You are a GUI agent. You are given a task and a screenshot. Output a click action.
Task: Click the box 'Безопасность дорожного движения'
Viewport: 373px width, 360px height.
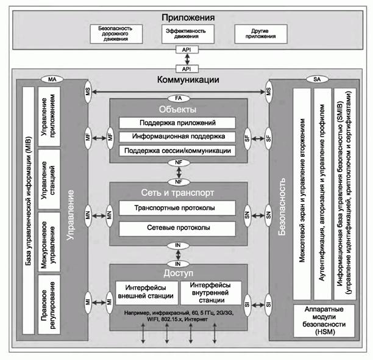coord(116,34)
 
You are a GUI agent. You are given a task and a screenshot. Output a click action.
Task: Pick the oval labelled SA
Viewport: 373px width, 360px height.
coord(318,79)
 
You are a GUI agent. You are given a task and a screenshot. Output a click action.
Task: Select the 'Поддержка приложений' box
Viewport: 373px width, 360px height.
coord(177,123)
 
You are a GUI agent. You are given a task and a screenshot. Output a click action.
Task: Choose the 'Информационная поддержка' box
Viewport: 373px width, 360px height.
coord(177,136)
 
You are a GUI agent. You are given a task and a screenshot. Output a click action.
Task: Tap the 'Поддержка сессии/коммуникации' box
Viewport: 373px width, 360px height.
coord(177,150)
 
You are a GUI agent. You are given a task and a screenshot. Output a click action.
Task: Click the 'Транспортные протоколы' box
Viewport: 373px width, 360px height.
coord(177,209)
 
